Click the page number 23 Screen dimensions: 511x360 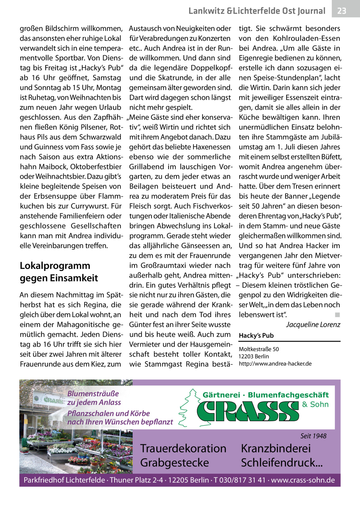[342, 11]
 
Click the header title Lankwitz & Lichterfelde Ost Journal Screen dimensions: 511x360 [257, 11]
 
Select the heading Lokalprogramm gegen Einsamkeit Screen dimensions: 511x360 [59, 272]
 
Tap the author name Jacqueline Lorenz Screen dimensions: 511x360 [313, 325]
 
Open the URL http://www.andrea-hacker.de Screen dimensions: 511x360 [275, 364]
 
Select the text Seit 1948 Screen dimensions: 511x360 [313, 436]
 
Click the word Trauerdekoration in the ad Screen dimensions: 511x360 [183, 448]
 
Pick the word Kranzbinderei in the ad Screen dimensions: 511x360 [276, 448]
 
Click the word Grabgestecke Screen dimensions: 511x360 [174, 462]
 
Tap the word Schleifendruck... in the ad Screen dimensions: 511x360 [282, 462]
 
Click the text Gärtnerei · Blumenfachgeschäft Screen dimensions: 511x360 [265, 395]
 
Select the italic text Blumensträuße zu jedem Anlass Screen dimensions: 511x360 [94, 398]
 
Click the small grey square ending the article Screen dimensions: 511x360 [337, 315]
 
